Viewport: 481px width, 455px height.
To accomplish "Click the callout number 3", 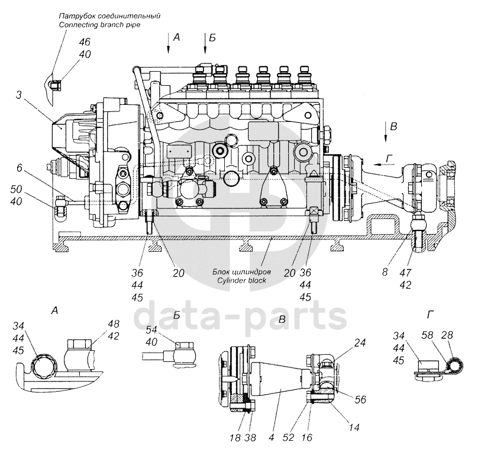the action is coord(20,95).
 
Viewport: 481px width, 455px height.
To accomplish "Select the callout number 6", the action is coord(20,168).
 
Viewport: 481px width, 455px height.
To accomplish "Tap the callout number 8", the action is coord(385,272).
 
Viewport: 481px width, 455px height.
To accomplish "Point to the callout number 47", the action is coord(405,272).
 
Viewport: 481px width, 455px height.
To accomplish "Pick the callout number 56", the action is coord(360,399).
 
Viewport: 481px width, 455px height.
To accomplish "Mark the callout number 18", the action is coord(235,437).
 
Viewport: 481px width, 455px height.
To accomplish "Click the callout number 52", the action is coord(289,437).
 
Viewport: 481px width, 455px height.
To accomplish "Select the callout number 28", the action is coord(446,335).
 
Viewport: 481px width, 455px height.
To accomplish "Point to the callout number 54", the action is coord(151,329).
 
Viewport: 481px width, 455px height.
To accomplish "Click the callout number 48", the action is coord(113,324).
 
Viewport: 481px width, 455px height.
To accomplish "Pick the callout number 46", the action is coord(85,42).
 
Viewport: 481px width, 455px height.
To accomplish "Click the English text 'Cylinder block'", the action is coord(242,280).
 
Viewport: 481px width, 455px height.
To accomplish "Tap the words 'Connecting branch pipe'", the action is coord(100,24).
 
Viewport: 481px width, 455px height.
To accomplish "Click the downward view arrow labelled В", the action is coord(386,132).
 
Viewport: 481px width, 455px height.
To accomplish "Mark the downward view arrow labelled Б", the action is coord(205,44).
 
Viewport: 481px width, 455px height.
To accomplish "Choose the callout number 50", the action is coord(16,189).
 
